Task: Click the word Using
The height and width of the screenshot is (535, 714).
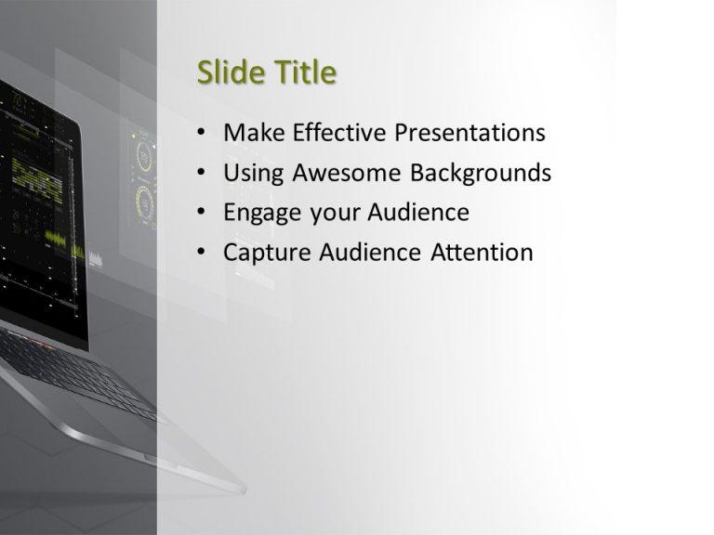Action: tap(254, 174)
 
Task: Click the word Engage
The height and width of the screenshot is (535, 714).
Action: tap(262, 214)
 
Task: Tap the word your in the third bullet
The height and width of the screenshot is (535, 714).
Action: tap(333, 214)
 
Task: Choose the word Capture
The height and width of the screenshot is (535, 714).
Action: tap(265, 254)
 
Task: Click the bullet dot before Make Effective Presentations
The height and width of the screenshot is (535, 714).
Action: tap(203, 134)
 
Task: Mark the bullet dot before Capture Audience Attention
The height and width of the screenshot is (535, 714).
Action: tap(203, 254)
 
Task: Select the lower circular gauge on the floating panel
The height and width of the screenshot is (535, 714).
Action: tap(145, 200)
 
